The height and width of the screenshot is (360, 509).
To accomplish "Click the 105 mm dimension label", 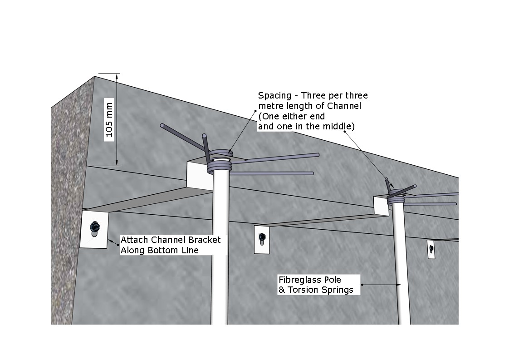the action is [x=109, y=119].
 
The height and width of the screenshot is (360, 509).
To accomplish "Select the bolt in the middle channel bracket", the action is [x=262, y=239].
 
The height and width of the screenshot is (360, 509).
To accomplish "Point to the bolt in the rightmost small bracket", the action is [x=431, y=249].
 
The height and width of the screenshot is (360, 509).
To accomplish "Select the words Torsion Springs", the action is [x=320, y=290].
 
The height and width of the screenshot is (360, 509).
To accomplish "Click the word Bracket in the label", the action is [x=205, y=240].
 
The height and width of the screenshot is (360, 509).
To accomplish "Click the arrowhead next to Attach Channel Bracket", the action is [x=111, y=242].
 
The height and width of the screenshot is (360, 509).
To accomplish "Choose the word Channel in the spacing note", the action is [x=344, y=106].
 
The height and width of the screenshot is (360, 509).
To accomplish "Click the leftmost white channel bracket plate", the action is [x=94, y=229].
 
